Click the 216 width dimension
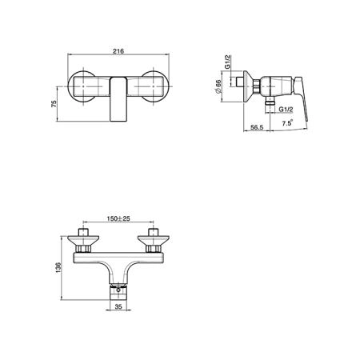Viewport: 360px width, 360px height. coord(118,51)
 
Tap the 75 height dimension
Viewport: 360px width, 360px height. coord(54,103)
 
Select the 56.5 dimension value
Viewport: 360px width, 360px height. coord(257,127)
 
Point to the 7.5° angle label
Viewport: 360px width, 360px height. coord(287,123)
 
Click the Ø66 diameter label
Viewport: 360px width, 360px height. coord(218,86)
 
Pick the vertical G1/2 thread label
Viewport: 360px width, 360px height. coord(227,62)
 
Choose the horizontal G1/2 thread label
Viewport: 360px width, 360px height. coord(286,110)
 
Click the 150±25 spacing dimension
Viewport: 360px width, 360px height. coord(118,218)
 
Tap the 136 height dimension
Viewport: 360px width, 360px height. coord(58,267)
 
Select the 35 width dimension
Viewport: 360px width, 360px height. coord(118,306)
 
